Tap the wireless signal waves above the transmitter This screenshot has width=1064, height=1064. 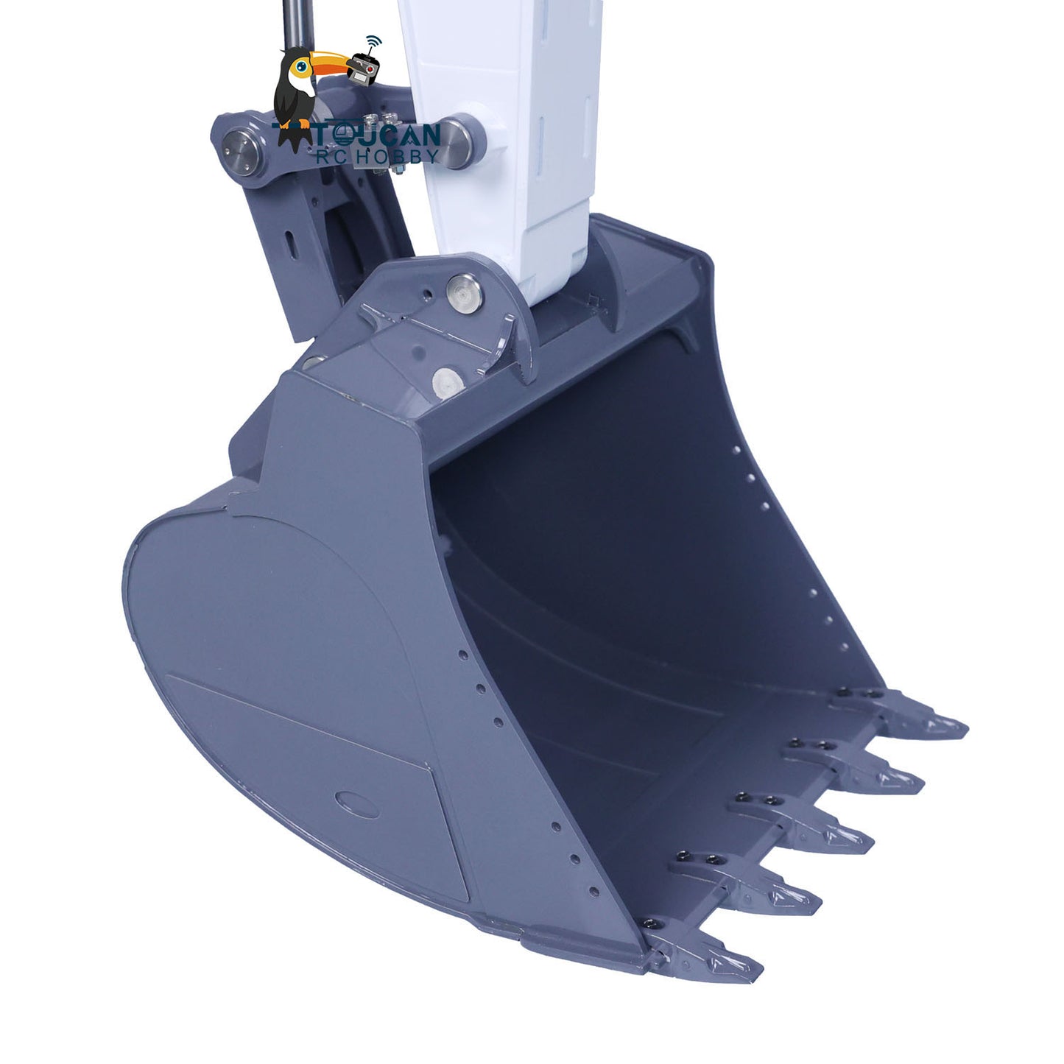tap(375, 41)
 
